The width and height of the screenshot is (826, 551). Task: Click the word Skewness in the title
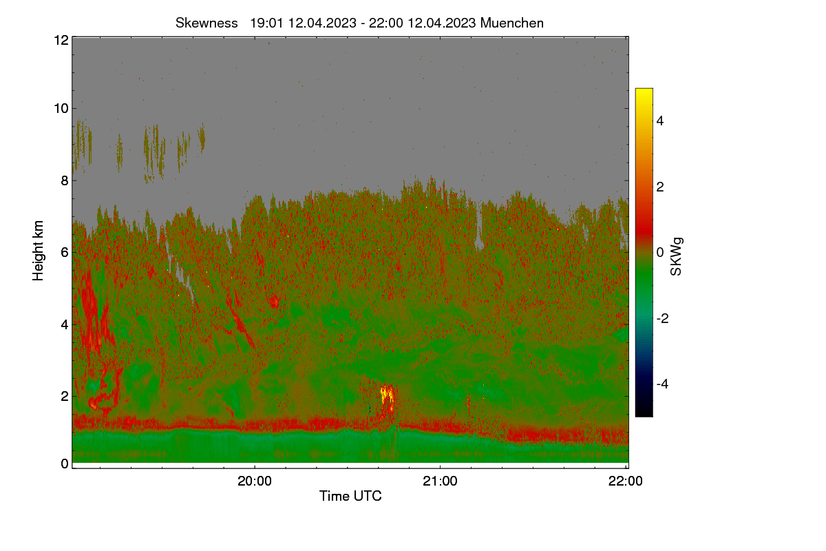click(x=206, y=23)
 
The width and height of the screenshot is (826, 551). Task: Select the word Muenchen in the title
click(x=511, y=23)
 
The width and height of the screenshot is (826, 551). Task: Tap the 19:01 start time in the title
click(x=266, y=23)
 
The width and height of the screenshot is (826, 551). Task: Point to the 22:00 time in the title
click(x=385, y=23)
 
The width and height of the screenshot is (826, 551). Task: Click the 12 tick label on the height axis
click(x=61, y=40)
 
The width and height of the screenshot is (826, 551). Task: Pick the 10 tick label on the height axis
click(x=61, y=109)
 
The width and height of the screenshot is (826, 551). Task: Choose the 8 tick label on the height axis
click(x=65, y=180)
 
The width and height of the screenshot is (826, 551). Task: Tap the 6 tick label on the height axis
click(x=65, y=253)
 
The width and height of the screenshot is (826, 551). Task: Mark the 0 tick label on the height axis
click(x=65, y=464)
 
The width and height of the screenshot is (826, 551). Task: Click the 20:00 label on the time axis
click(x=255, y=481)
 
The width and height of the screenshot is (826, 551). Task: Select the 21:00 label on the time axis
click(x=440, y=481)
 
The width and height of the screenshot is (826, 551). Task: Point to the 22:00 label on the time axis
click(x=626, y=481)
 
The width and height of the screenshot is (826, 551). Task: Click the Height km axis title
click(x=38, y=251)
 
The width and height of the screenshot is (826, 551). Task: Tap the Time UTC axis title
click(x=350, y=496)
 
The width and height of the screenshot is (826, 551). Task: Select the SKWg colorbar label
click(x=676, y=256)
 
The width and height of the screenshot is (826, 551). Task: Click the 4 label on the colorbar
click(x=660, y=121)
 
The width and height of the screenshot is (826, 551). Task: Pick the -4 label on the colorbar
click(x=662, y=384)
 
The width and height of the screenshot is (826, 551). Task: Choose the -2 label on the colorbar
click(x=662, y=318)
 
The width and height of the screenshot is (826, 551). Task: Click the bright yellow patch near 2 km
click(x=387, y=394)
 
